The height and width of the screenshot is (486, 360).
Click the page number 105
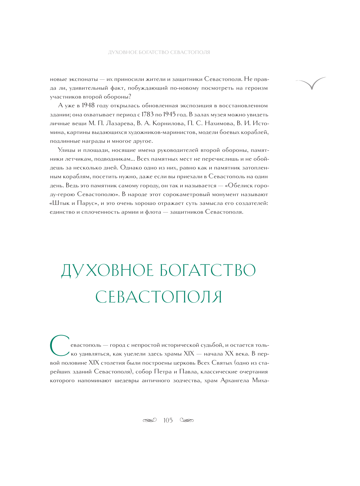168,420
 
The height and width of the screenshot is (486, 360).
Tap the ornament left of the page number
150,420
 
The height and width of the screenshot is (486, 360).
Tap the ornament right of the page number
187,420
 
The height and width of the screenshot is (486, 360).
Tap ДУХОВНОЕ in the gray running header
122,52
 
